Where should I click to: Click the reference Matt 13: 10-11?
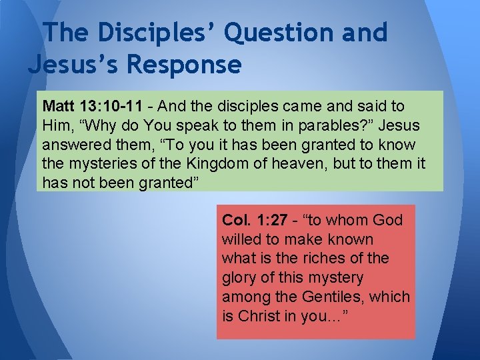coord(91,107)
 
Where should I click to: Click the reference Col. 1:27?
coord(256,220)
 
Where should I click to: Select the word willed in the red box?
coord(242,239)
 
